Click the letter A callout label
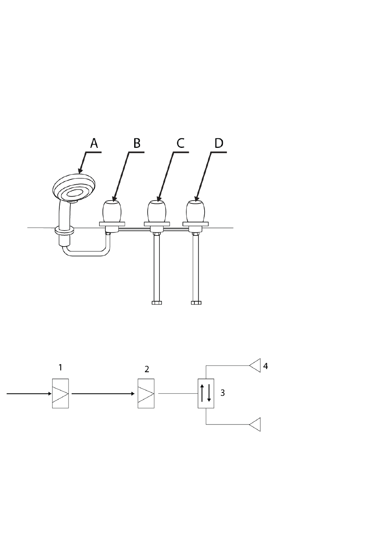point(94,143)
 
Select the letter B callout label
point(137,143)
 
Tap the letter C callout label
point(180,143)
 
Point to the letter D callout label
point(219,143)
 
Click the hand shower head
point(74,187)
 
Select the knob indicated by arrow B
point(112,211)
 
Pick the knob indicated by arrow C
point(157,211)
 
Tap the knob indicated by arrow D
point(196,211)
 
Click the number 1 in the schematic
point(60,367)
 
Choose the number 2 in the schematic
point(147,369)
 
